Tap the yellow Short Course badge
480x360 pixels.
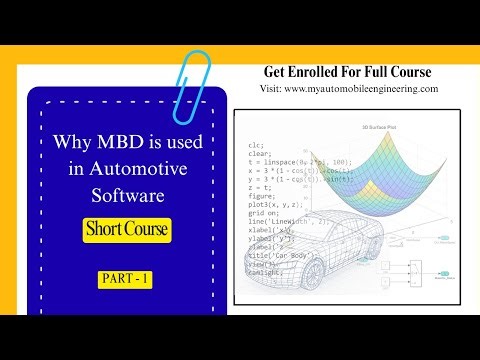point(127,230)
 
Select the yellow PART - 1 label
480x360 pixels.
point(125,279)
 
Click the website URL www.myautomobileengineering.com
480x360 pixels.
point(364,88)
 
